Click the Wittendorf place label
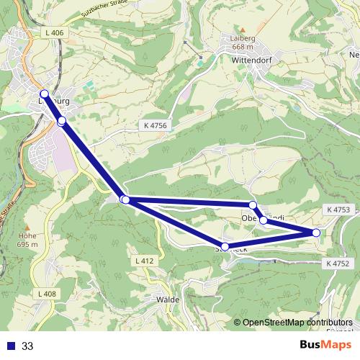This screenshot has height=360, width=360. pos(251,61)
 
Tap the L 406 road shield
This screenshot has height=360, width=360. pos(54,33)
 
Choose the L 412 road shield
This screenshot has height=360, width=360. pos(144,260)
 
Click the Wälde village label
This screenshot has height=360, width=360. pos(166,298)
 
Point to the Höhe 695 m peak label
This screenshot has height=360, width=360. pos(28,238)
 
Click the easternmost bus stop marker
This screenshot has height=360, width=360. pos(316,233)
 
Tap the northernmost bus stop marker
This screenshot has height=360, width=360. pos(44,94)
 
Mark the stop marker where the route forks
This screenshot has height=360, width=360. pos(125,199)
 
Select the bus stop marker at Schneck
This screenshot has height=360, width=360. pos(225,247)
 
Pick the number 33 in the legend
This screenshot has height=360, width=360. pos(27,346)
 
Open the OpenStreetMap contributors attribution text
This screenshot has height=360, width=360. pos(297,323)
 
